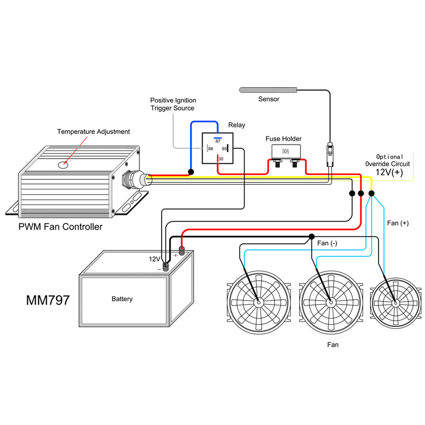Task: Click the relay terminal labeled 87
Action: [x=218, y=141]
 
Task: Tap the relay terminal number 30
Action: [x=220, y=159]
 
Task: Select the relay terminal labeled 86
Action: [x=210, y=149]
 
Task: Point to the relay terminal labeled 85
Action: [x=225, y=149]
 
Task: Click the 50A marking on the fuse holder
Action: [x=285, y=151]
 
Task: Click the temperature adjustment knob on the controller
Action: [x=63, y=165]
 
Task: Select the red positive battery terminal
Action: [x=182, y=251]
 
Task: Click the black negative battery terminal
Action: [x=166, y=266]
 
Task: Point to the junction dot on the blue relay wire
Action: [x=191, y=172]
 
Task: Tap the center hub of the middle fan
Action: [x=330, y=302]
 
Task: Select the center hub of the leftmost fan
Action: [x=258, y=302]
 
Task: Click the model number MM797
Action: [x=48, y=300]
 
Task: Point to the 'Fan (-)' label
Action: [x=327, y=243]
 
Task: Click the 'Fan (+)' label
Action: [x=398, y=223]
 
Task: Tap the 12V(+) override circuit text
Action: [x=389, y=172]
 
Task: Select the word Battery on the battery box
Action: [x=122, y=299]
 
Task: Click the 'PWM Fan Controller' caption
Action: [x=60, y=227]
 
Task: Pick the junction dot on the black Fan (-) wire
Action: [x=311, y=236]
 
